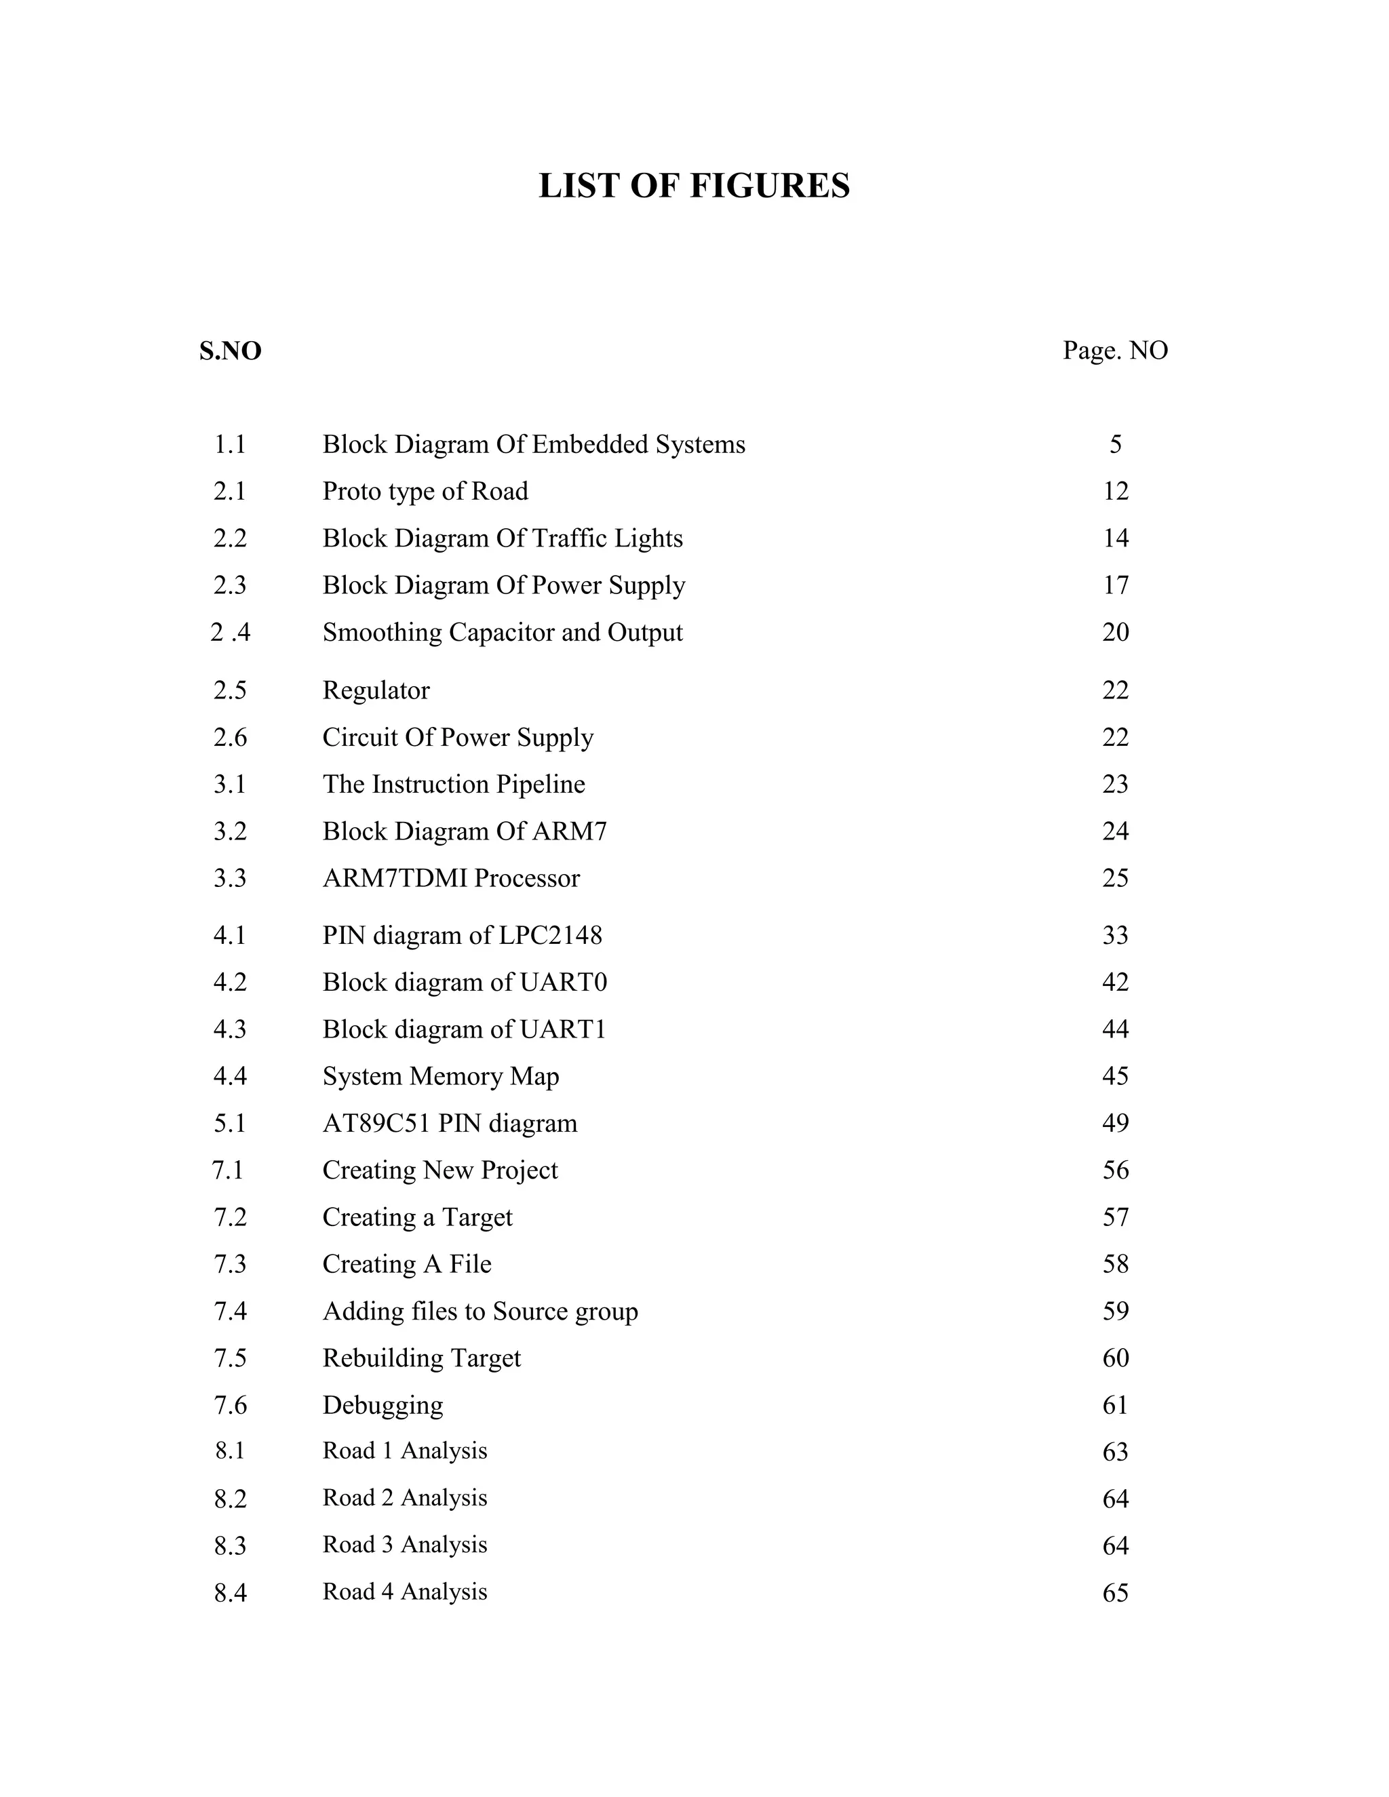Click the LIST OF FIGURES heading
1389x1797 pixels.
point(694,186)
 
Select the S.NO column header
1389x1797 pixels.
point(231,351)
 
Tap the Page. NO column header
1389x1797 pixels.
point(1115,351)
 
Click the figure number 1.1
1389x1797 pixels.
point(231,444)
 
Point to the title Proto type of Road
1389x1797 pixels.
point(425,491)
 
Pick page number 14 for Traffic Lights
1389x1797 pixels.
point(1115,538)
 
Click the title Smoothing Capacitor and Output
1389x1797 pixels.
point(502,632)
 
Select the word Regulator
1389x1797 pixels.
point(375,690)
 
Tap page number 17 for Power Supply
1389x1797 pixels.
point(1115,585)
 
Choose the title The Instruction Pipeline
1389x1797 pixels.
point(454,784)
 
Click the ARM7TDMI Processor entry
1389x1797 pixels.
point(451,878)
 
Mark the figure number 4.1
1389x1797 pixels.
point(231,936)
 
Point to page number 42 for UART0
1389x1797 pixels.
point(1115,983)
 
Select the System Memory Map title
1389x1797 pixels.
point(440,1076)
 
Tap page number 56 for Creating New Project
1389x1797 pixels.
point(1115,1170)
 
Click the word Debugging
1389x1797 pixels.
point(383,1405)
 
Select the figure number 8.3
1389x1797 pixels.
point(231,1546)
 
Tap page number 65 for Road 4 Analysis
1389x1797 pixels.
point(1115,1593)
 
